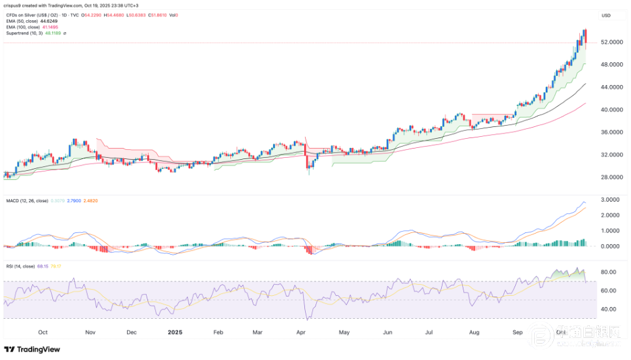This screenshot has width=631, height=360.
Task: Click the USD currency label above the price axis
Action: tap(606, 15)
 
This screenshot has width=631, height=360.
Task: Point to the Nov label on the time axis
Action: tap(91, 332)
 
